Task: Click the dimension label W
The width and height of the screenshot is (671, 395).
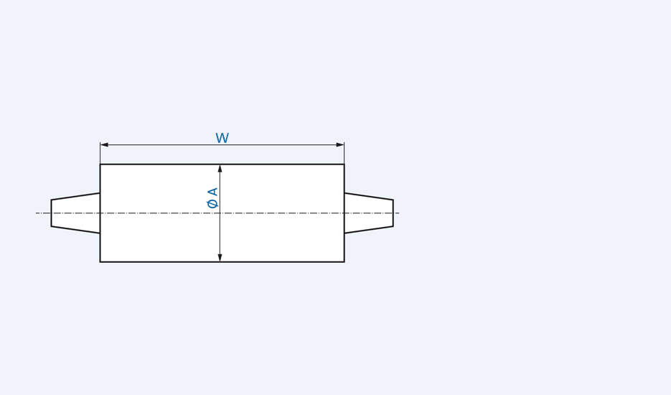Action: coord(222,138)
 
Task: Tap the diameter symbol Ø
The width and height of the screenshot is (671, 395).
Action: coord(212,204)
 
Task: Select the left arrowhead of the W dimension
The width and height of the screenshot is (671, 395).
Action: coord(104,145)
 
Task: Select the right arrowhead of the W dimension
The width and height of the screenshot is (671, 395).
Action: coord(340,145)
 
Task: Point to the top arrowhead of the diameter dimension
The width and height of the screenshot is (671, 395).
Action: coord(220,169)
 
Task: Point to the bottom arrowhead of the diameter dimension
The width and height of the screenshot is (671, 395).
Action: coord(220,257)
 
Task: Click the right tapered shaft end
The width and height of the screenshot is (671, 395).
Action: coord(369,213)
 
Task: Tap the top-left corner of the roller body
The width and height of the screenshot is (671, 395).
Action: coord(100,164)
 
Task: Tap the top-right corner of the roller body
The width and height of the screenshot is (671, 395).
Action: coord(344,164)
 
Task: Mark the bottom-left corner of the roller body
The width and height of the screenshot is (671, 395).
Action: coord(100,261)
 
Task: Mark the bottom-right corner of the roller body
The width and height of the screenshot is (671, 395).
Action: coord(344,261)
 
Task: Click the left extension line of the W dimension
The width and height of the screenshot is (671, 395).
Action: coord(100,153)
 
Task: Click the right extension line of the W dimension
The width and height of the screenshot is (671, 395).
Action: coord(344,153)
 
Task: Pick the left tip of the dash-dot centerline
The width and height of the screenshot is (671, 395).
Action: coord(37,213)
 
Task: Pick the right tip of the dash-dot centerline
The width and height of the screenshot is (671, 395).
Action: coord(399,213)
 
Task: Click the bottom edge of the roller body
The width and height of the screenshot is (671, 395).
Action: coord(273,261)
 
